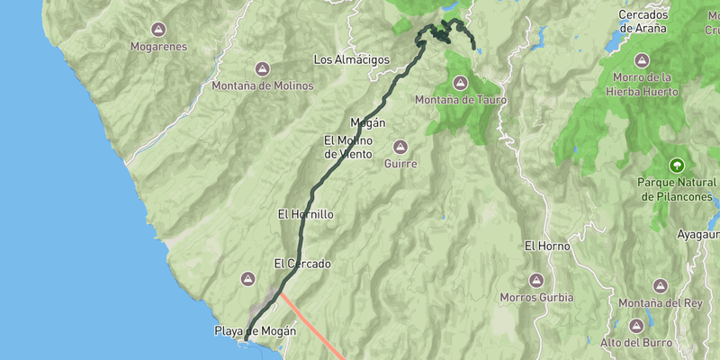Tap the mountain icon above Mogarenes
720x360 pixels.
[158, 28]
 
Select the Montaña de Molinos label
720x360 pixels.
[263, 85]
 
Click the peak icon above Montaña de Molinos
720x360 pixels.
[263, 68]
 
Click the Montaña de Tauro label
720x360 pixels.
[460, 99]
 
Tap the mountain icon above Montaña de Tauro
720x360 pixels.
[461, 82]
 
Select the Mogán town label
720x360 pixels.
[367, 122]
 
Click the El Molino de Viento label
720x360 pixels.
[347, 147]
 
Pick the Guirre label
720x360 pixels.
[400, 164]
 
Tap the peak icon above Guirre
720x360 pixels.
[400, 147]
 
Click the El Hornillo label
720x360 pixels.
[306, 214]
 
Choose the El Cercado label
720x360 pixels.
[302, 264]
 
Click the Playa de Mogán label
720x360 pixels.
[255, 330]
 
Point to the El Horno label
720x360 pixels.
[543, 245]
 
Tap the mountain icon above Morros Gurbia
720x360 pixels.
[536, 280]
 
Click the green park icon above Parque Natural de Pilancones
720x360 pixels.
[676, 165]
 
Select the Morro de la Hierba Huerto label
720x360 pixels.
[642, 84]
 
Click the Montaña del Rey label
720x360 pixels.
[660, 302]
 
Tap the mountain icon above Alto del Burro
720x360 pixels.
[636, 325]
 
